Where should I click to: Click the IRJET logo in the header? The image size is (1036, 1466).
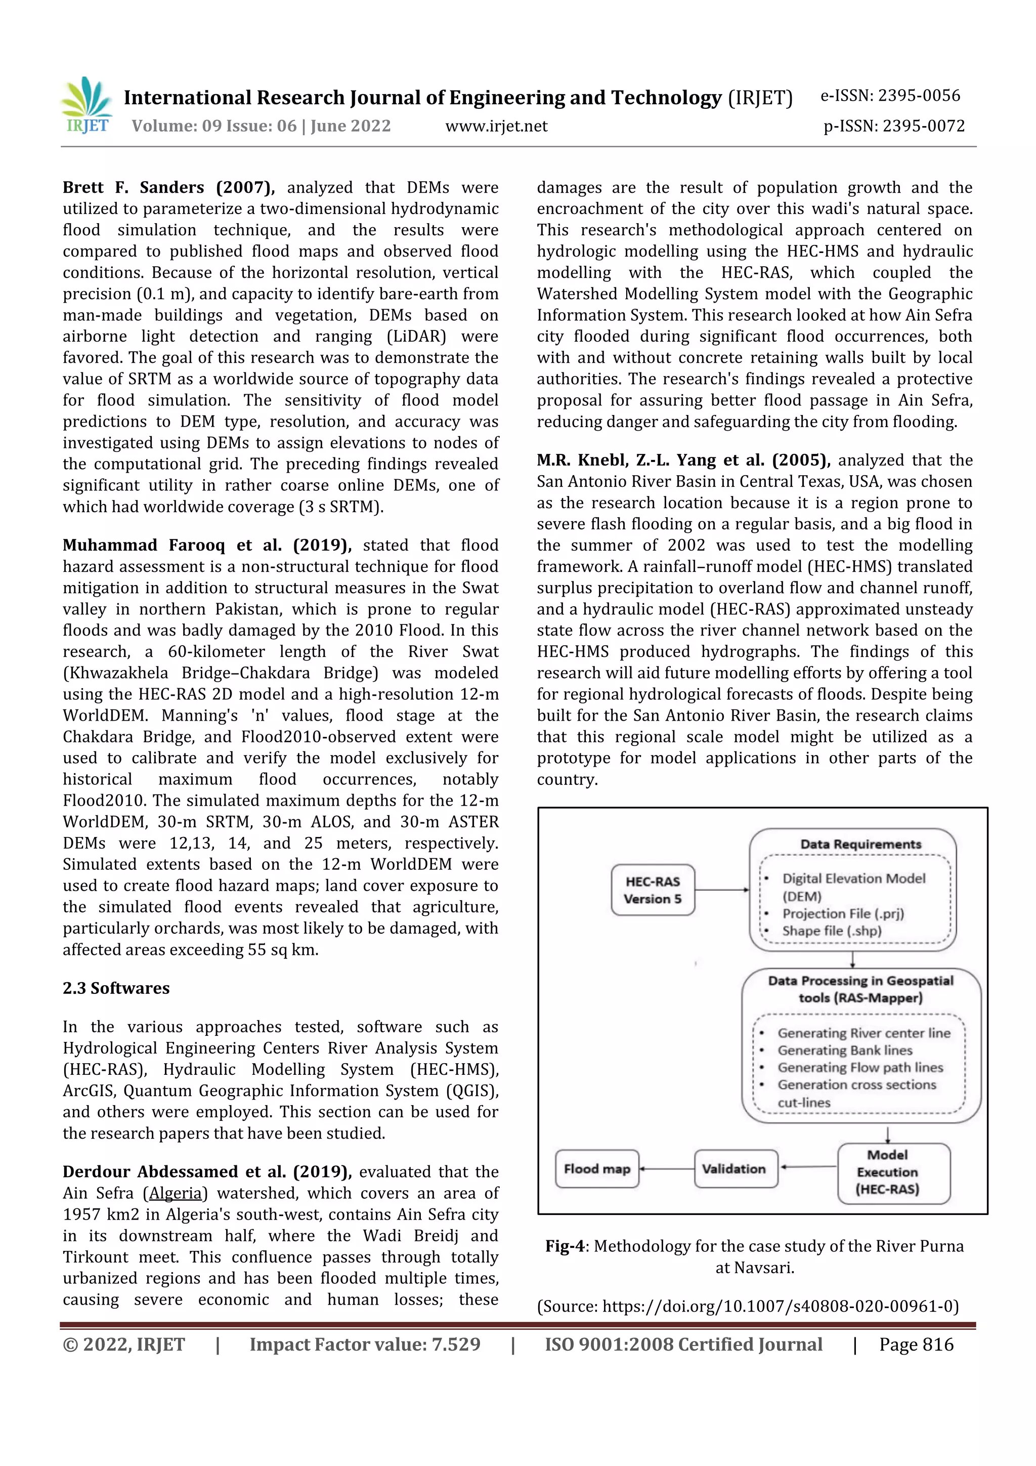87,105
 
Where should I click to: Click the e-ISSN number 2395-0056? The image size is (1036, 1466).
919,96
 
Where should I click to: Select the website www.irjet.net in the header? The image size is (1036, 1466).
496,127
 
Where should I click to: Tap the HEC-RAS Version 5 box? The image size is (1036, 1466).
653,890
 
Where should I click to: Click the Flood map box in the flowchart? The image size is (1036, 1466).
597,1169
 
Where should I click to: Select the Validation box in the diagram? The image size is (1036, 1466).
734,1169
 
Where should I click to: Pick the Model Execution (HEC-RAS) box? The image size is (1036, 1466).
887,1172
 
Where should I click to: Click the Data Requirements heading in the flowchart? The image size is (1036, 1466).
860,844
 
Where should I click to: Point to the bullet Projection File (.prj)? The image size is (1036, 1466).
843,914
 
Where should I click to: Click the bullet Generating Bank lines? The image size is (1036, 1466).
844,1051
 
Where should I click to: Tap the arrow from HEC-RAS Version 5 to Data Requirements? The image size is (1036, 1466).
721,890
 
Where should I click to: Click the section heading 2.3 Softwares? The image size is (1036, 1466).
116,988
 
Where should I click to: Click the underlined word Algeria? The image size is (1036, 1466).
175,1193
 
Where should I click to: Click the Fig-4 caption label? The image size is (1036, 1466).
564,1246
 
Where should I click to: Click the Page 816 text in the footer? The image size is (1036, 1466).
916,1345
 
